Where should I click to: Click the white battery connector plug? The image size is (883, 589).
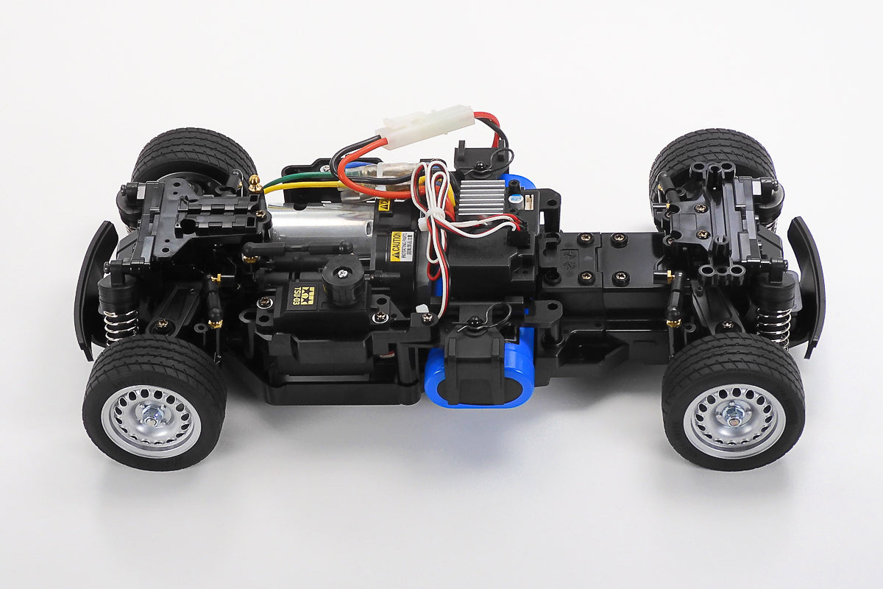[425, 127]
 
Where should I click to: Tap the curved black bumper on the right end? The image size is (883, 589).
[809, 283]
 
